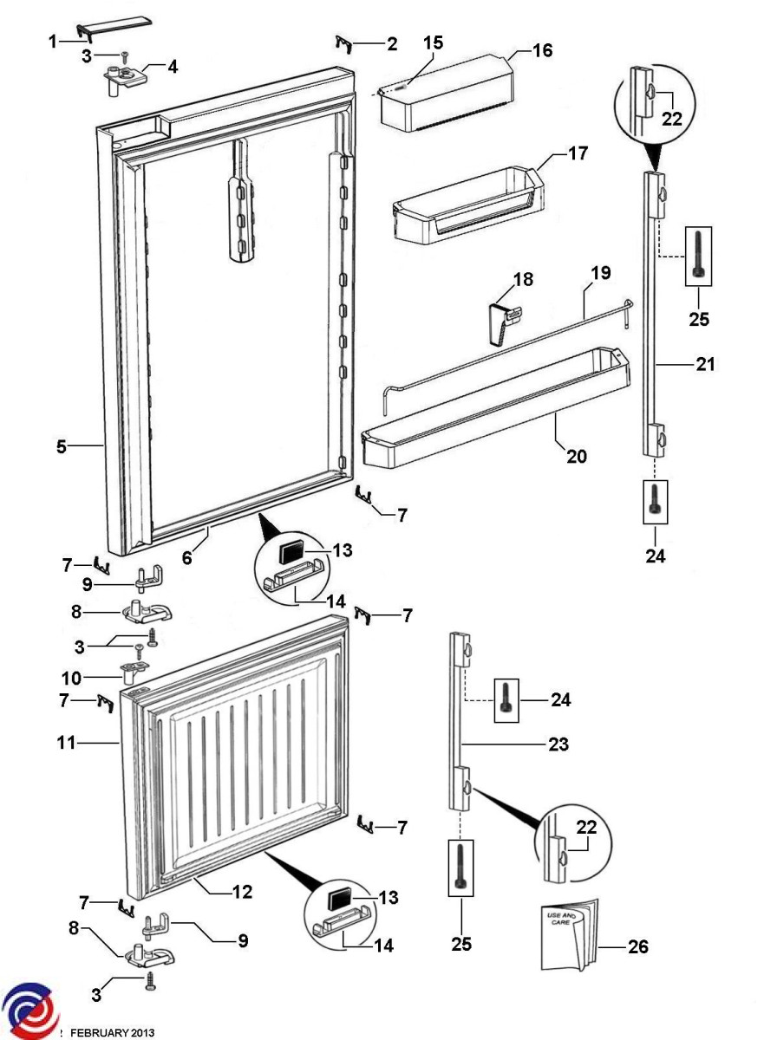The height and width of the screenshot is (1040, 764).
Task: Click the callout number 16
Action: click(542, 50)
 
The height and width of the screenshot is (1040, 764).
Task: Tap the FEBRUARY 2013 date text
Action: click(113, 1032)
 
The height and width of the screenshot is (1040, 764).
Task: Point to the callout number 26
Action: click(637, 947)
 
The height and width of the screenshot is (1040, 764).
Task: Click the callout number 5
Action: click(62, 447)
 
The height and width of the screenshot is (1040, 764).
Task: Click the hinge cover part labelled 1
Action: click(103, 32)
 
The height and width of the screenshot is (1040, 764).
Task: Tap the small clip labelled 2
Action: click(343, 42)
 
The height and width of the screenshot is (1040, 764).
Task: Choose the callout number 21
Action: click(705, 365)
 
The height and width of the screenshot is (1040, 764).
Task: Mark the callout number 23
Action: click(559, 743)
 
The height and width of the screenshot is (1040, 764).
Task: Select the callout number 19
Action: click(600, 273)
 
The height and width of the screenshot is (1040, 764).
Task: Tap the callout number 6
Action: click(187, 560)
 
